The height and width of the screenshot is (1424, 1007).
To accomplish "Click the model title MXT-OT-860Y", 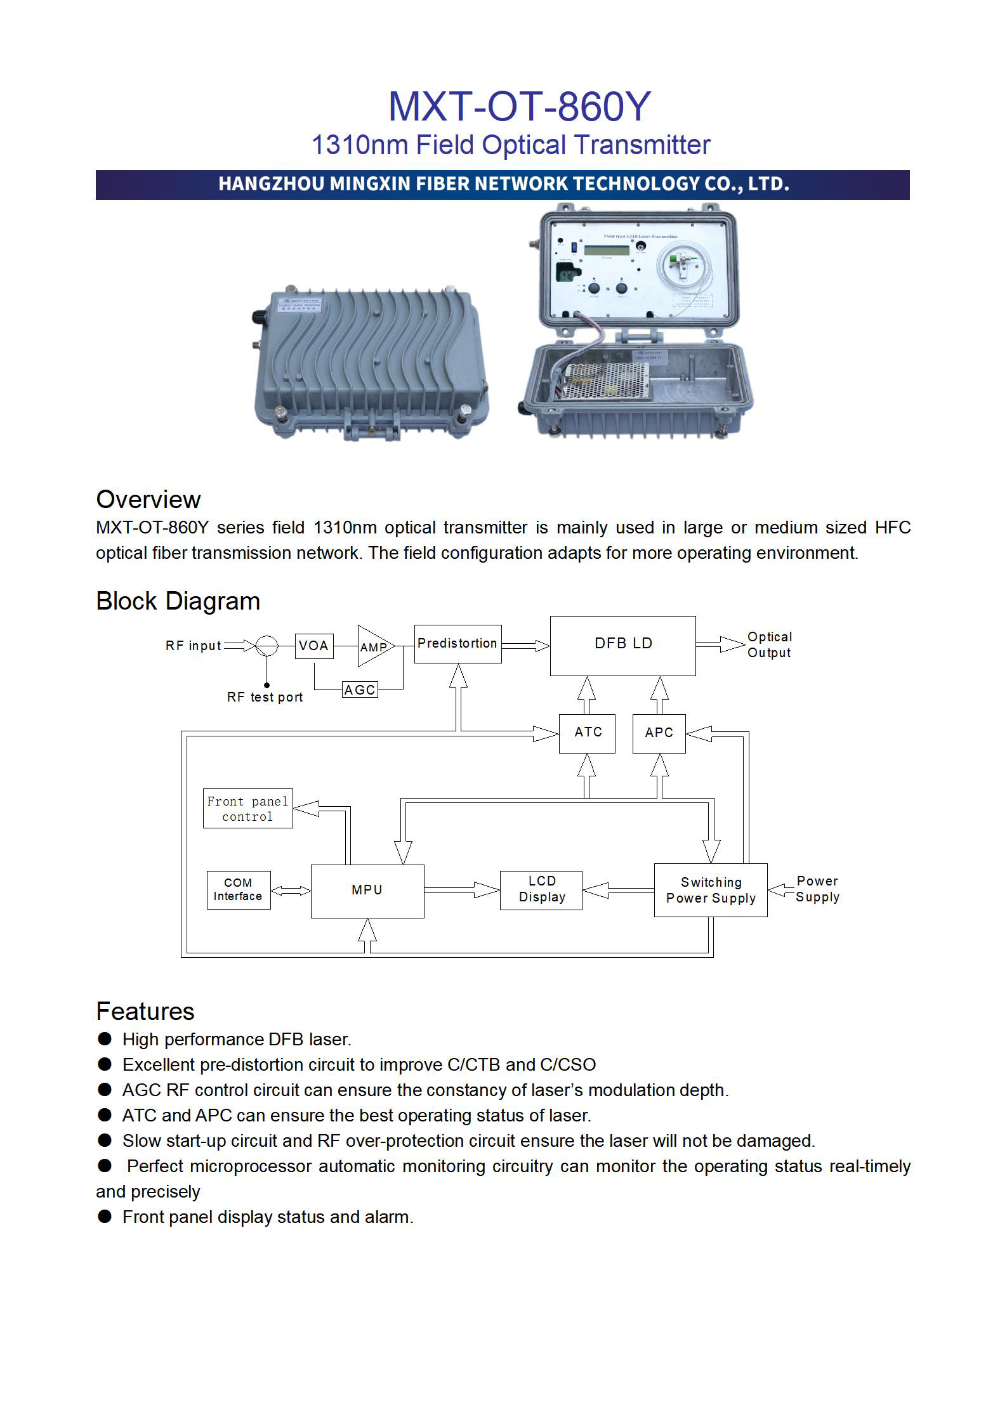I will point(518,107).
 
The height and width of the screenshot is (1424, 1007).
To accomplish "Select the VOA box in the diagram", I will point(314,646).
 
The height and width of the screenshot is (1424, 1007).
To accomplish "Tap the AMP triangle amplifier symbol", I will point(374,646).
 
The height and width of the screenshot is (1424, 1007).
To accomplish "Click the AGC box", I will point(360,689).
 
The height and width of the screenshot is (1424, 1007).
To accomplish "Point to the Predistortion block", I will point(457,644).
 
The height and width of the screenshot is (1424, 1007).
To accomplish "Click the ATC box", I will point(587,733).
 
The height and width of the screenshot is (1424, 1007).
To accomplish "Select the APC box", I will point(659,733).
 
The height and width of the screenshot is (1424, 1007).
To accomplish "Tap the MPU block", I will point(367,891).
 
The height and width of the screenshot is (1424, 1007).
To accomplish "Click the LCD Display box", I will point(541,890).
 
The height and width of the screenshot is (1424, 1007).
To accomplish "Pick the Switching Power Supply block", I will point(710,891).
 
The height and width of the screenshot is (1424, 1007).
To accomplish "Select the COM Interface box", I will point(238,890).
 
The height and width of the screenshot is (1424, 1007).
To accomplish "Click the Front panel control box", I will point(247,809).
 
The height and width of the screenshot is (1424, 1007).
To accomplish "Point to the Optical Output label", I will point(769,645).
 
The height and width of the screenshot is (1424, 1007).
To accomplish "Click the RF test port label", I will point(265,697).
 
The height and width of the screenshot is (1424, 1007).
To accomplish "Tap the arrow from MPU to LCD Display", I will point(461,891).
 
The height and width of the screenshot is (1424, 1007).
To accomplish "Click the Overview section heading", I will point(148,500).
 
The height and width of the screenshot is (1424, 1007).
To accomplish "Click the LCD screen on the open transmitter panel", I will point(606,250).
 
